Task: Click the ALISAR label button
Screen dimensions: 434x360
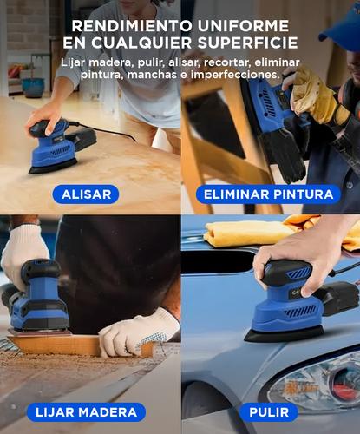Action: point(86,194)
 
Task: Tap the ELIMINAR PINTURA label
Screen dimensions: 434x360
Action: point(268,194)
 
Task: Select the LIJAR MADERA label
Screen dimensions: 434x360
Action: point(87,412)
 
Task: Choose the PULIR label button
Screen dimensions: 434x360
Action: point(268,412)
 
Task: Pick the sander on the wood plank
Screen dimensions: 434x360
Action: point(39,299)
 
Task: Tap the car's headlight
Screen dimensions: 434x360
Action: point(325,382)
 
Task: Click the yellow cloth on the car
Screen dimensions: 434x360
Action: point(252,232)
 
